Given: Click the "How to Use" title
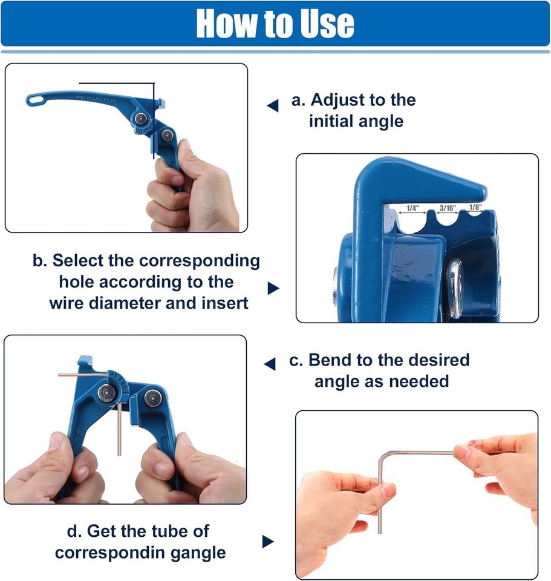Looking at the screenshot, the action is [x=275, y=24].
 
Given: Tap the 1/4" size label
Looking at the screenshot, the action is [x=412, y=208].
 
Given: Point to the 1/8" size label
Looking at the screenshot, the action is [x=475, y=207].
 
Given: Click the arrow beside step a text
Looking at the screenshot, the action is [x=273, y=105].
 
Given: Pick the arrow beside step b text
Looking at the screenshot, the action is [x=273, y=288].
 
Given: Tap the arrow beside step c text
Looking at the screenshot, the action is [x=270, y=364].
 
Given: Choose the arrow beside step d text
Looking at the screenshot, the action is [x=268, y=541].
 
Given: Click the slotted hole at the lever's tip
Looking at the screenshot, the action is [x=36, y=99].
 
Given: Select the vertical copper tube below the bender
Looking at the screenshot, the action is [x=119, y=429].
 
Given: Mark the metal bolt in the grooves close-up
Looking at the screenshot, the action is [x=455, y=288].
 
